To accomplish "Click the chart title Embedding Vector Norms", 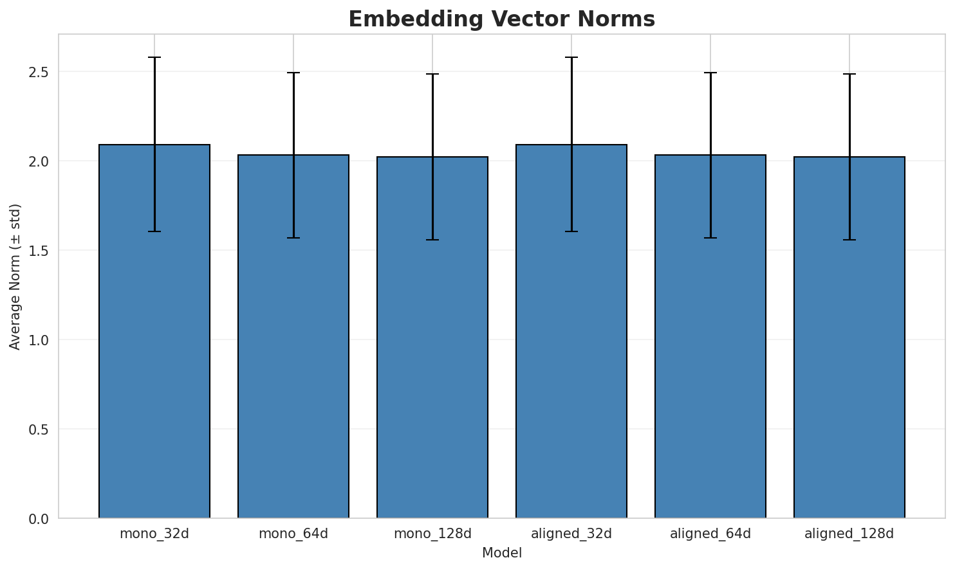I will (501, 19).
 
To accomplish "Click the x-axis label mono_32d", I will (154, 534).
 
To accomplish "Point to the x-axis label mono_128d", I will (432, 534).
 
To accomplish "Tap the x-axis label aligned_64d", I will (710, 534).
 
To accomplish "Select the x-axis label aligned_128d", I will (849, 534).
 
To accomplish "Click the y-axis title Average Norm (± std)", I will (15, 276).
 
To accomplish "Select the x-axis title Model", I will (501, 553).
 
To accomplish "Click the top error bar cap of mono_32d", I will (154, 57).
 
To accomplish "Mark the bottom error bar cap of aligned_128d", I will (849, 240).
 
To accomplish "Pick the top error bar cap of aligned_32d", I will (571, 57).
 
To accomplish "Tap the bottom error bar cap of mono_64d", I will (293, 238).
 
